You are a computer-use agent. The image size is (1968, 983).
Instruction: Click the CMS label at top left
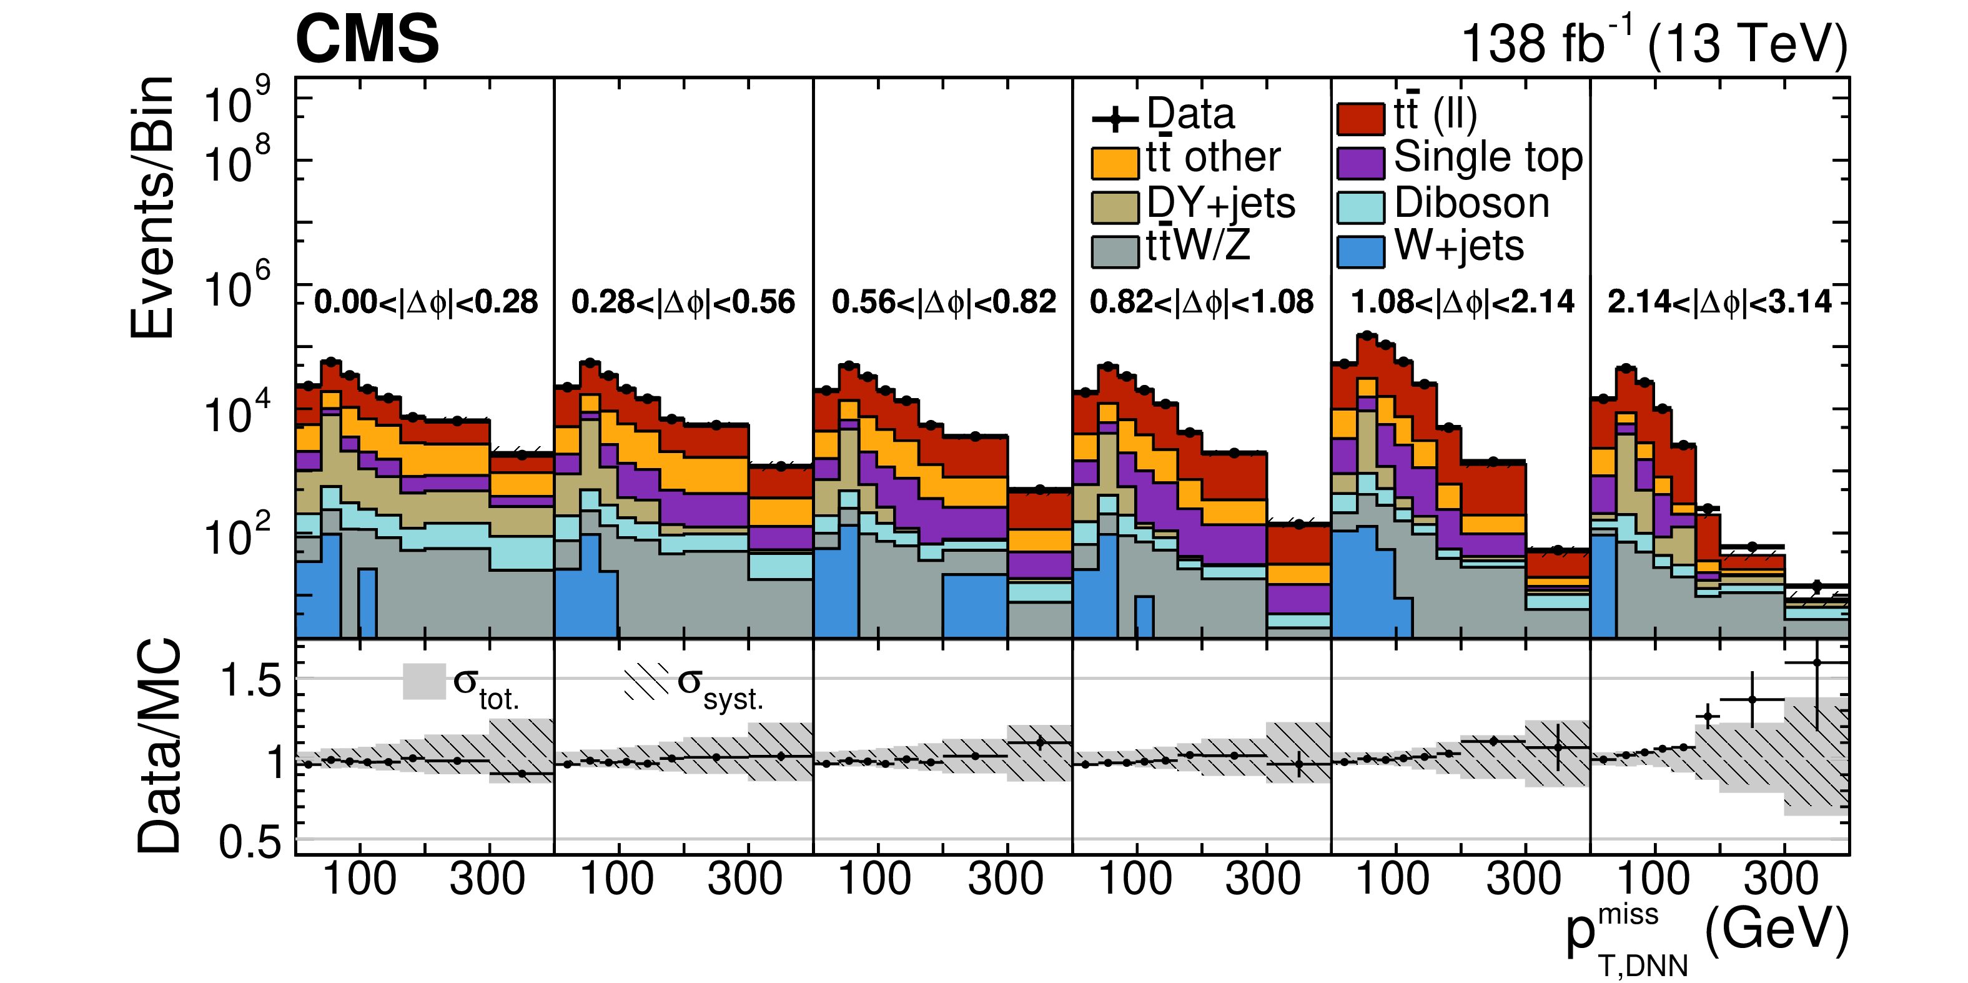coord(367,40)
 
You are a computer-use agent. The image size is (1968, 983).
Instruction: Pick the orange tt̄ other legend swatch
coord(1115,162)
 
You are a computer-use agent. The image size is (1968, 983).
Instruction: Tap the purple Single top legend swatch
coord(1361,162)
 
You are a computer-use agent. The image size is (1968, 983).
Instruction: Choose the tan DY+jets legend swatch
coord(1115,206)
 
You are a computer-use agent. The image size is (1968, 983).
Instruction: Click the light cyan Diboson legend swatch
coord(1361,206)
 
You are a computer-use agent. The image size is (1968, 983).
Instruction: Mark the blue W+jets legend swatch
coord(1361,251)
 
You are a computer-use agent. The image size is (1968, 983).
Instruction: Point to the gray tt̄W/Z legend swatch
coord(1115,251)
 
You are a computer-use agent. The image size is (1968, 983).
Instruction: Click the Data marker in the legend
coord(1115,119)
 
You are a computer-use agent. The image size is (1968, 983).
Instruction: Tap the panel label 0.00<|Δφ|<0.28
coord(427,302)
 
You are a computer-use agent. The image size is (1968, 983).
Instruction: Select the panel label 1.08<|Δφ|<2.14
coord(1462,302)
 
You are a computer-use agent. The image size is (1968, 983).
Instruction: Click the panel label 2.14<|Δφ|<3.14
coord(1719,302)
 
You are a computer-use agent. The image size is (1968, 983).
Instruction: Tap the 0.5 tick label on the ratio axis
coord(250,842)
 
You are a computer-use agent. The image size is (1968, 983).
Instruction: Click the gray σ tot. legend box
coord(424,681)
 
